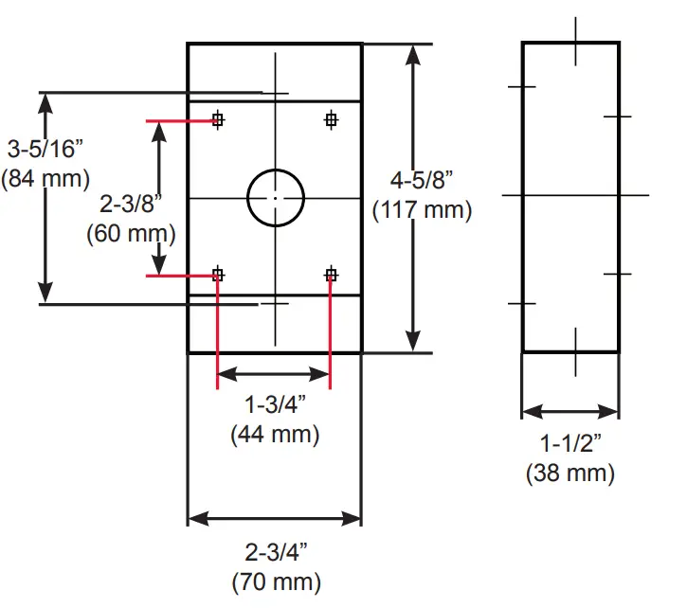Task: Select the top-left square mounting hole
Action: pyautogui.click(x=218, y=119)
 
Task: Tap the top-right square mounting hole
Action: pyautogui.click(x=331, y=119)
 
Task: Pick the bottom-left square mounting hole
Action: pyautogui.click(x=218, y=275)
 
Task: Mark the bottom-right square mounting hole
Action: pyautogui.click(x=331, y=275)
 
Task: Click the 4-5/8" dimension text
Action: pyautogui.click(x=423, y=179)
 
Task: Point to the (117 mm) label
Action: pyautogui.click(x=423, y=209)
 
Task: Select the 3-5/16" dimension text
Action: pyautogui.click(x=44, y=150)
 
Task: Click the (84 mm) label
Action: pyautogui.click(x=45, y=178)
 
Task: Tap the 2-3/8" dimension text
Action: pyautogui.click(x=131, y=202)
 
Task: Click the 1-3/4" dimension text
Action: pyautogui.click(x=275, y=406)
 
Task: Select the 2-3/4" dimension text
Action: pyautogui.click(x=275, y=552)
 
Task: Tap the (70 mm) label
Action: pyautogui.click(x=275, y=581)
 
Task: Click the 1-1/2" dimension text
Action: pyautogui.click(x=570, y=443)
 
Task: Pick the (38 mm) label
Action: pyautogui.click(x=570, y=473)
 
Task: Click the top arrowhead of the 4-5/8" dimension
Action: pyautogui.click(x=412, y=53)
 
